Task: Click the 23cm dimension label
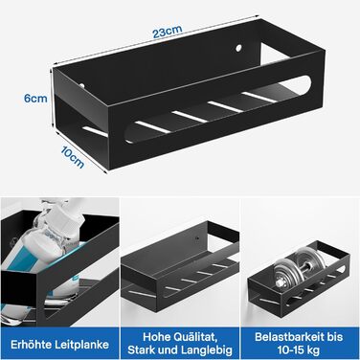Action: point(168,32)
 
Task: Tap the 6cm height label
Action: point(35,99)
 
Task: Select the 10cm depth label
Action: point(73,158)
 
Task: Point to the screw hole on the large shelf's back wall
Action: point(238,49)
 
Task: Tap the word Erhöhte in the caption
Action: point(31,345)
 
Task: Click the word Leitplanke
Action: point(81,345)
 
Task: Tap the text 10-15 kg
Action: point(299,350)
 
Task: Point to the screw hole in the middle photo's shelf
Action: point(197,238)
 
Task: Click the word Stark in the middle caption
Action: point(141,350)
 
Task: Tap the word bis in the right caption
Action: point(335,337)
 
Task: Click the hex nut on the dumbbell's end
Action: point(279,282)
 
